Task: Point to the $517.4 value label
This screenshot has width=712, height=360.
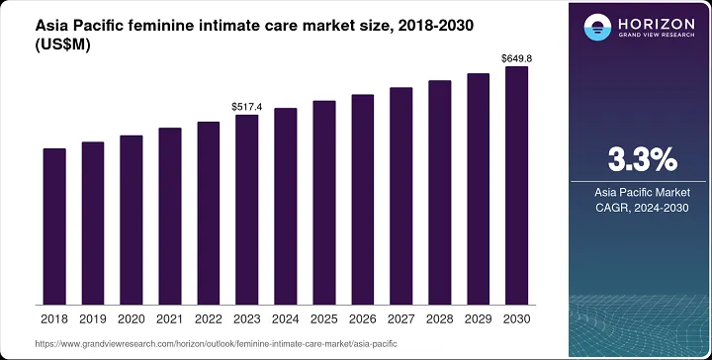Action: click(247, 105)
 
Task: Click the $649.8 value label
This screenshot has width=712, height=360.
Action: click(517, 57)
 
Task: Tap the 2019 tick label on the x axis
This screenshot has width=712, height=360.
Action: click(93, 319)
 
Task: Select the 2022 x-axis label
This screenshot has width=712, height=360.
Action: click(209, 319)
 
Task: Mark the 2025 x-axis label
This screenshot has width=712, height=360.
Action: click(324, 319)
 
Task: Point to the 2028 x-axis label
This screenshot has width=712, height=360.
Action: click(440, 319)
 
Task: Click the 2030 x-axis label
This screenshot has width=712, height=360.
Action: click(517, 319)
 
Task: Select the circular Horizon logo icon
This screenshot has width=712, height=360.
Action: click(597, 27)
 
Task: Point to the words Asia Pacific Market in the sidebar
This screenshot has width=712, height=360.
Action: click(640, 191)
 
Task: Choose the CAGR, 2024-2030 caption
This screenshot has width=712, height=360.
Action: click(640, 208)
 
